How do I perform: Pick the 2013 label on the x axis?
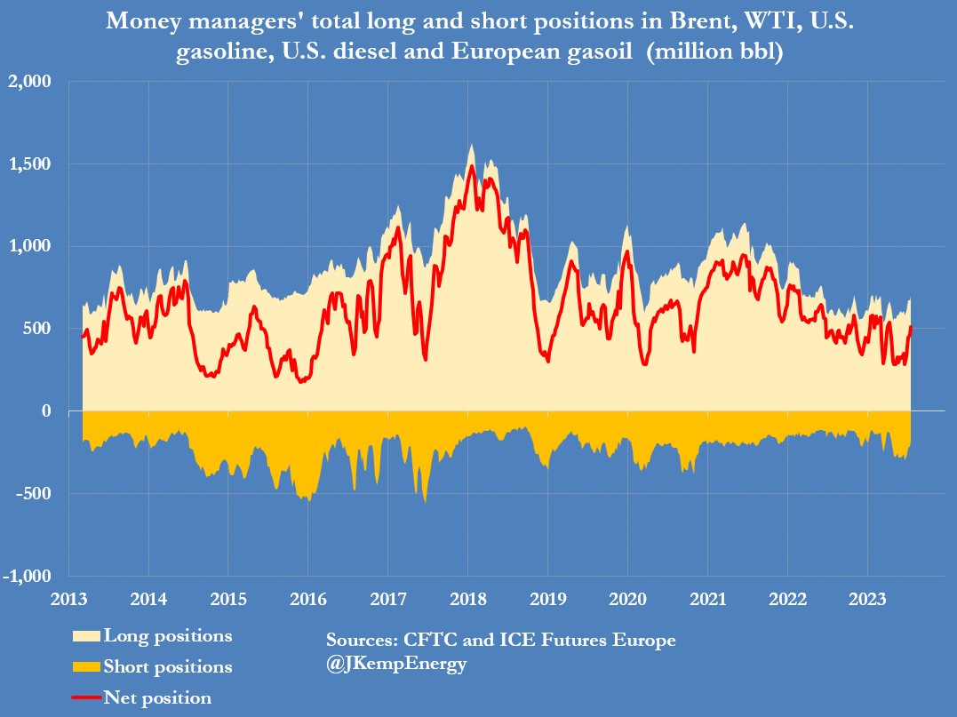pyautogui.click(x=68, y=598)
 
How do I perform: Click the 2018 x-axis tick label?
pyautogui.click(x=467, y=598)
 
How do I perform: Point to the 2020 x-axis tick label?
pyautogui.click(x=626, y=598)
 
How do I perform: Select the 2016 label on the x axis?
pyautogui.click(x=307, y=598)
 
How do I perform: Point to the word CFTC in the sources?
pyautogui.click(x=431, y=640)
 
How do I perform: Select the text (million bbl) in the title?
pyautogui.click(x=714, y=52)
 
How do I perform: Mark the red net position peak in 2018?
pyautogui.click(x=471, y=166)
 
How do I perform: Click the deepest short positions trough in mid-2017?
pyautogui.click(x=425, y=501)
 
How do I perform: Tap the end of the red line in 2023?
pyautogui.click(x=911, y=328)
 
